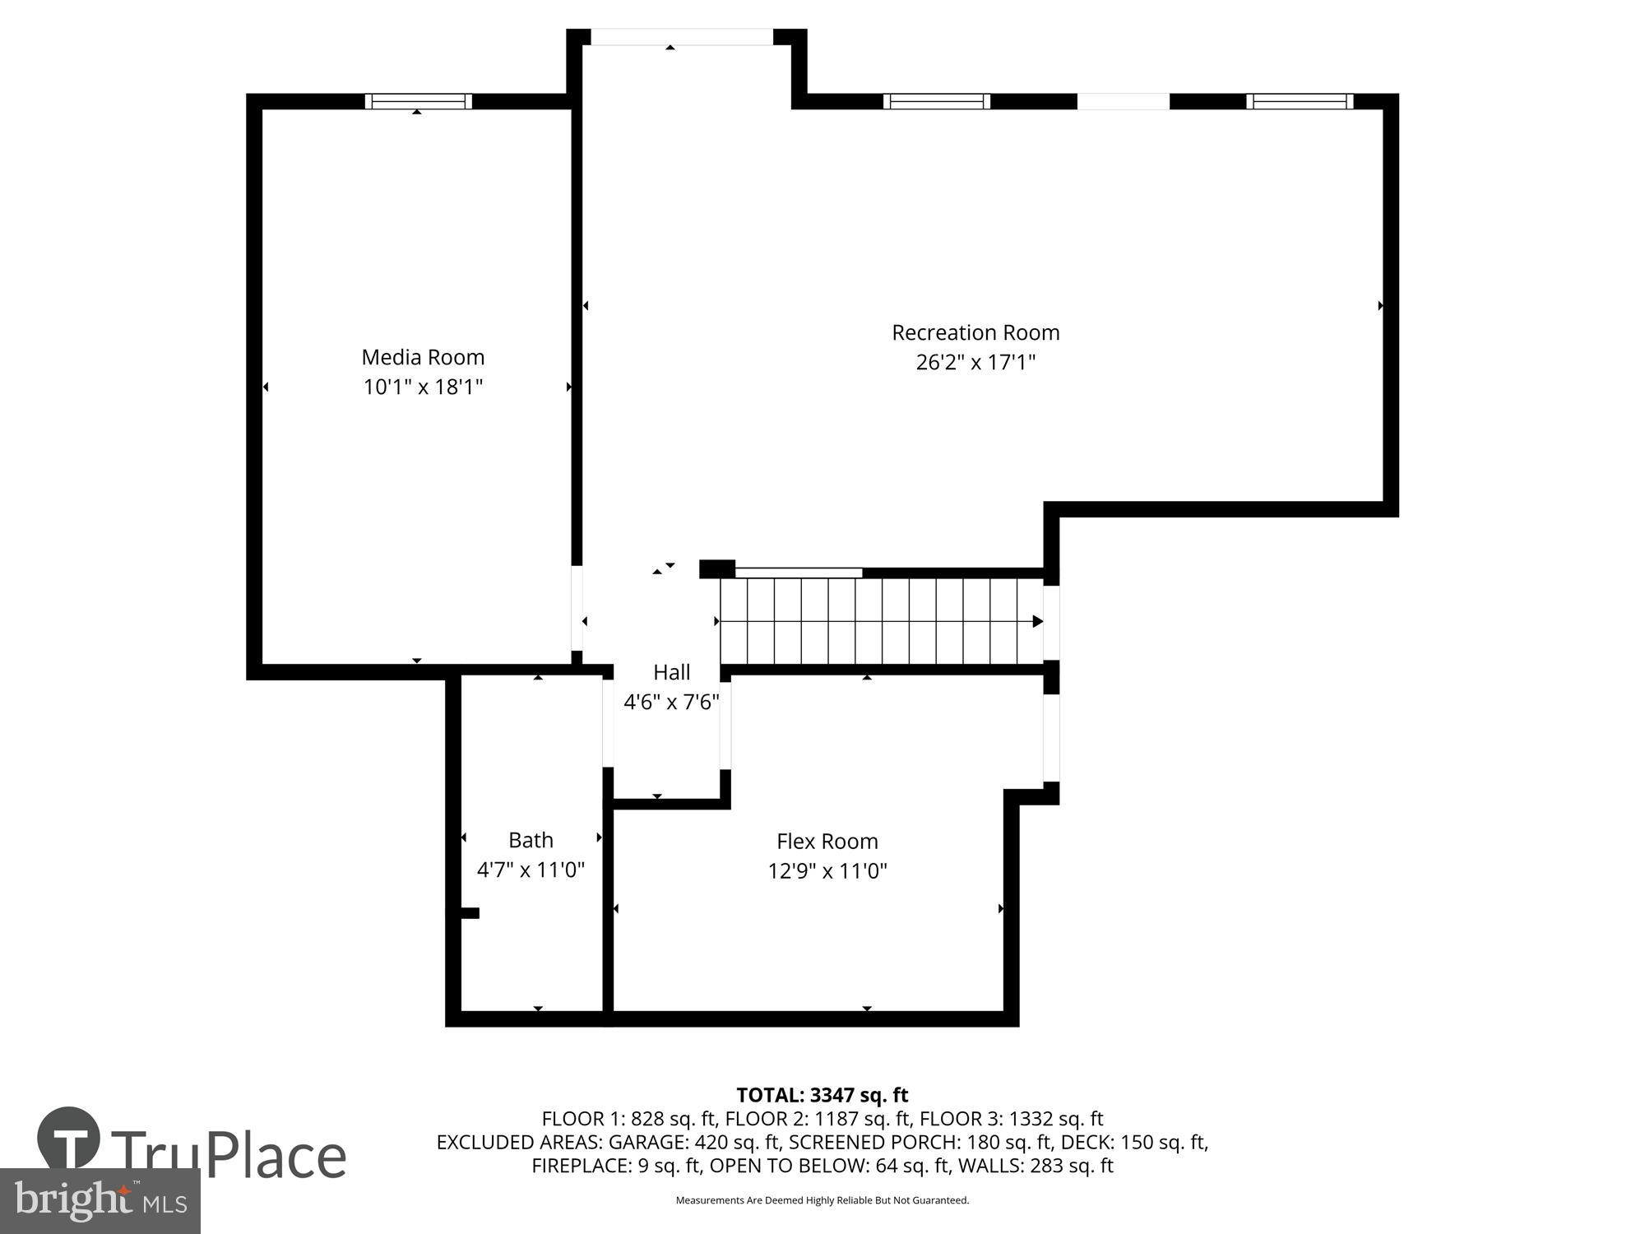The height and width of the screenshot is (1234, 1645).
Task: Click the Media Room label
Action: coord(423,357)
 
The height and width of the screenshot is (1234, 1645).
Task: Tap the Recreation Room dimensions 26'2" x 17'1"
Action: coord(975,363)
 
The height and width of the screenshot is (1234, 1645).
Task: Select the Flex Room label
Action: coord(827,842)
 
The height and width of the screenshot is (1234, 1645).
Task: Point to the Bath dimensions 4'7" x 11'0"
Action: coord(531,870)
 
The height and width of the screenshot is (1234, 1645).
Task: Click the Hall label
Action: coord(671,672)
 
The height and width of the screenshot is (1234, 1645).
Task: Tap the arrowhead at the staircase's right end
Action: coord(1037,621)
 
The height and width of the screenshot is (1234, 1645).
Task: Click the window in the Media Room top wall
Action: coord(418,101)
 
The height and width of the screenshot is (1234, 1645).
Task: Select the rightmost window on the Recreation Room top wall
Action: coord(1300,101)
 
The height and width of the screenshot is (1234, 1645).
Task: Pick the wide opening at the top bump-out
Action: coord(682,37)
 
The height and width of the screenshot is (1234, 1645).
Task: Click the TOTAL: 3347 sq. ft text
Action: coord(822,1095)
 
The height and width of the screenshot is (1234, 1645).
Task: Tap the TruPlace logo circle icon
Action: coord(69,1139)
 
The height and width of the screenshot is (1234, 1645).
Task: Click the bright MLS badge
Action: coord(100,1202)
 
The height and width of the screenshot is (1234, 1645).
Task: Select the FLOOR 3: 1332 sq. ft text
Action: coord(1011,1119)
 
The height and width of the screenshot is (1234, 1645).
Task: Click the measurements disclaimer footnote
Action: coord(822,1200)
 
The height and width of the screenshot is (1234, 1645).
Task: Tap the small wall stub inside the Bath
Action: coord(469,912)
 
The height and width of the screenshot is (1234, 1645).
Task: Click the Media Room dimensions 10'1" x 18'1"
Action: coord(423,387)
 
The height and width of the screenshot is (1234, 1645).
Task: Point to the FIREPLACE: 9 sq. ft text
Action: coord(616,1166)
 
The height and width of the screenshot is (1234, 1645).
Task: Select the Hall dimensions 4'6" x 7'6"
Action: coord(671,702)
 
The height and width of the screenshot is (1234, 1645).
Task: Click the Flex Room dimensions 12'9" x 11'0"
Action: coord(827,871)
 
